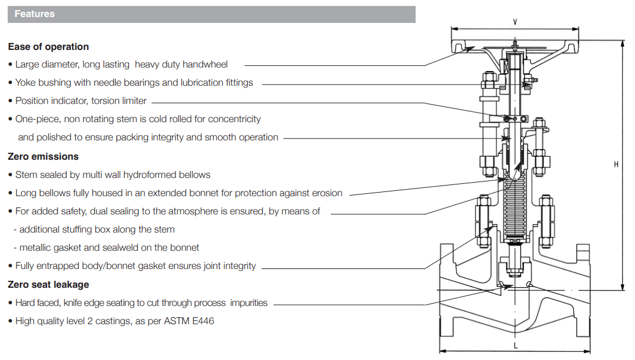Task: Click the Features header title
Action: (x=35, y=14)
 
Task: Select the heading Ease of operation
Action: (x=48, y=46)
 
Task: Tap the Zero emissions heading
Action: (x=43, y=156)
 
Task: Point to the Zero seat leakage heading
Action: (x=48, y=285)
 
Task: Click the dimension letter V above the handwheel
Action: (x=515, y=22)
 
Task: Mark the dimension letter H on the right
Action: (x=616, y=164)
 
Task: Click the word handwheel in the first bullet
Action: (x=205, y=65)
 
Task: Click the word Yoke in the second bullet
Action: (x=25, y=83)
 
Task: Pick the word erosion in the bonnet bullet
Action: (x=327, y=193)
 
